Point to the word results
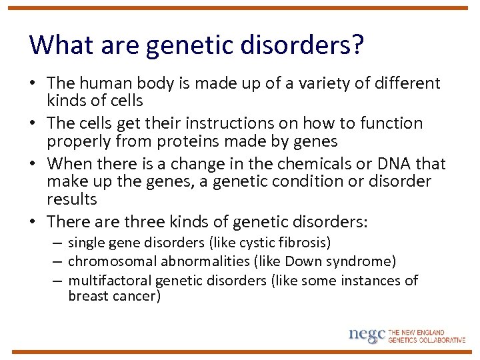(x=72, y=199)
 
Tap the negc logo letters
(x=367, y=335)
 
